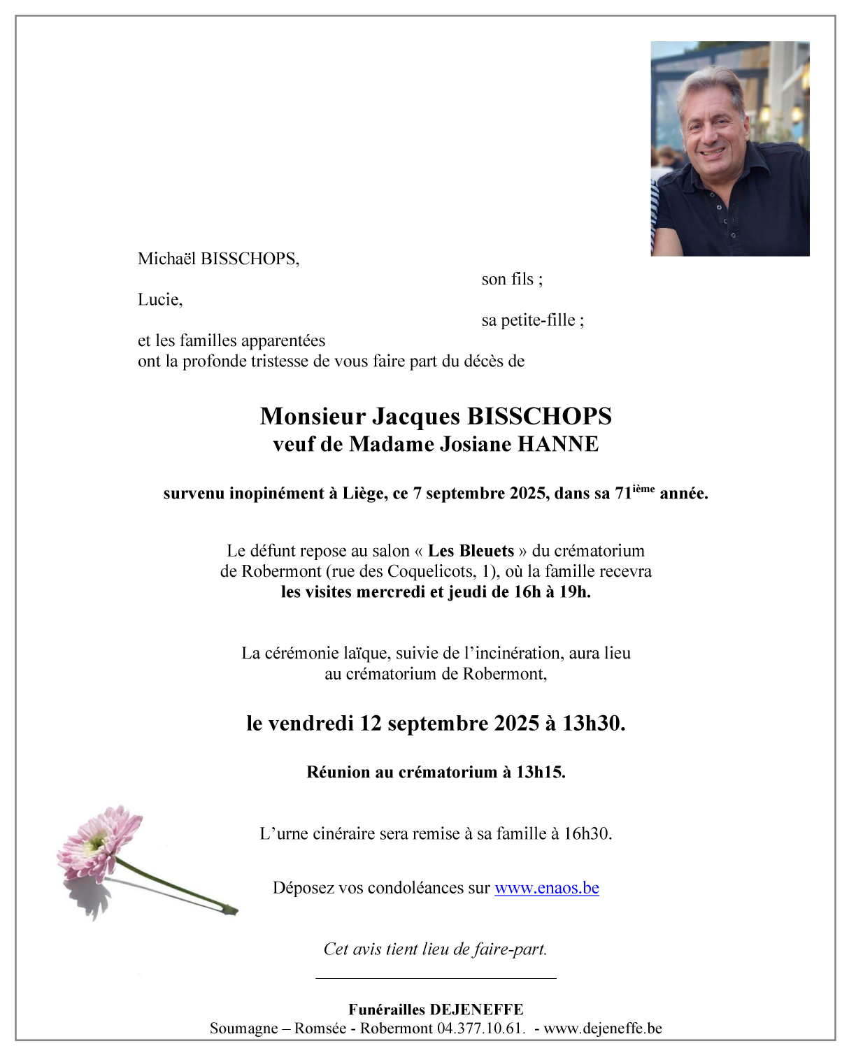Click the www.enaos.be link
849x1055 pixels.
click(546, 888)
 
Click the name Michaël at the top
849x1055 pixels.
click(166, 259)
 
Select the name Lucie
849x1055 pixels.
click(159, 300)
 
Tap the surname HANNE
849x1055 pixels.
click(557, 445)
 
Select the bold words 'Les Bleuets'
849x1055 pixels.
click(471, 551)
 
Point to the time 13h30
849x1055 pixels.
click(593, 724)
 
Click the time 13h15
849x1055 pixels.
click(540, 773)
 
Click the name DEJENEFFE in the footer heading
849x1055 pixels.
click(476, 1010)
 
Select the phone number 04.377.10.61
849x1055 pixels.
click(480, 1028)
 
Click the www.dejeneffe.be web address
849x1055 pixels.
click(602, 1028)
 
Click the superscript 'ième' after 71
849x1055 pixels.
click(643, 489)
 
